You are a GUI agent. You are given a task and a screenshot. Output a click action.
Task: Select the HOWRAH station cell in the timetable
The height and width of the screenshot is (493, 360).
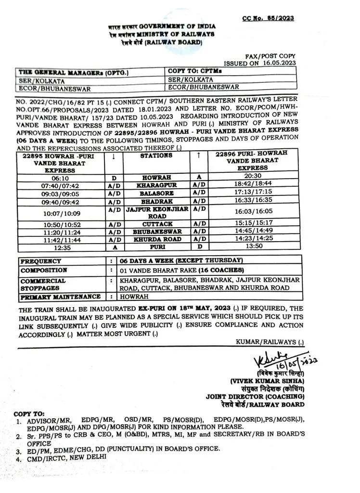click(x=156, y=177)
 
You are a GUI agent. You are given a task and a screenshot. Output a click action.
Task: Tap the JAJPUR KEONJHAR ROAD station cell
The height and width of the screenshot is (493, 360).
click(x=156, y=213)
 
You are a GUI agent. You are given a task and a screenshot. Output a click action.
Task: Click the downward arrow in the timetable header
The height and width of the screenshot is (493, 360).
click(x=113, y=156)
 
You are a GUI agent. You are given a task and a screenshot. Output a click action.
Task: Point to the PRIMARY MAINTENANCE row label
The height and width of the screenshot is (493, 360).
click(x=61, y=297)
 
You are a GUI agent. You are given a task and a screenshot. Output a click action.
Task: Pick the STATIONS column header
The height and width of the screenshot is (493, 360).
click(x=156, y=156)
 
